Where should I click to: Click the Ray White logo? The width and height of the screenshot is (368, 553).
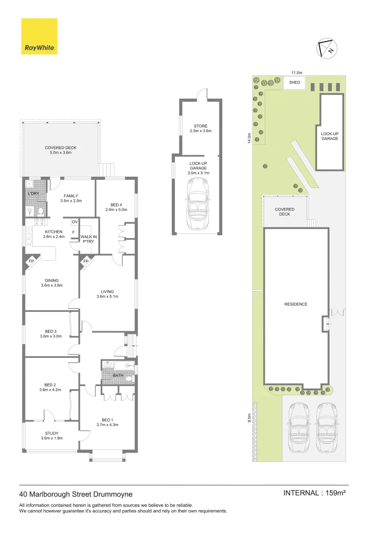point(39,36)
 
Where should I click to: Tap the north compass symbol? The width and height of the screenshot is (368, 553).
point(326,47)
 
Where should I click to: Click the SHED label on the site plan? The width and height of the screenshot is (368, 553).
point(294,82)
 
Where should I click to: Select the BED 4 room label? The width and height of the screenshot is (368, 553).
point(116,207)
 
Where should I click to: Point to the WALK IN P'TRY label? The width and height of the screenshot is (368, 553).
point(88,239)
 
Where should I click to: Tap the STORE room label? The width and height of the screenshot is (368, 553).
point(200,129)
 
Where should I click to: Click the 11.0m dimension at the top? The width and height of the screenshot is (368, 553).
point(297,73)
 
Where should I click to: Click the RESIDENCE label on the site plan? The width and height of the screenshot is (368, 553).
point(295,304)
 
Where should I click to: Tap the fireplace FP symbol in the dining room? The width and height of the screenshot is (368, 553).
point(31,261)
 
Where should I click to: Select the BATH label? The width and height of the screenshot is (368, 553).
point(118,375)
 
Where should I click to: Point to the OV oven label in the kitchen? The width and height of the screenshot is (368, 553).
point(74,222)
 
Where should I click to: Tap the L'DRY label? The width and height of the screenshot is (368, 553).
point(33,193)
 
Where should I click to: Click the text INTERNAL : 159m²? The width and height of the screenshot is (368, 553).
point(314,493)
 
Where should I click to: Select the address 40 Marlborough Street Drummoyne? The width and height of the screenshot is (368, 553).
point(76,494)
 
